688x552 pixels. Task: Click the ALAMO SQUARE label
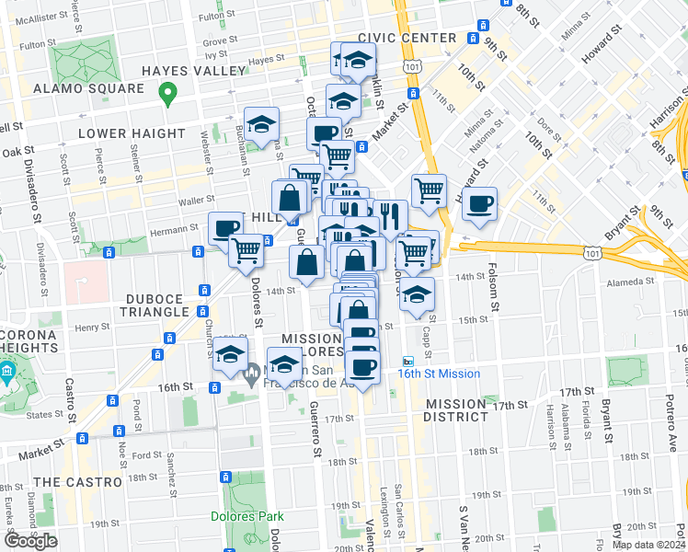88,88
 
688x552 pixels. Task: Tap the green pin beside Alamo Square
167,93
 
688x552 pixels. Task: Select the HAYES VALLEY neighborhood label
193,70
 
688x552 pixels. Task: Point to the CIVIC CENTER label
407,38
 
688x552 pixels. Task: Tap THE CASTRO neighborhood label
77,482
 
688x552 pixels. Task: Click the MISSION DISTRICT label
456,410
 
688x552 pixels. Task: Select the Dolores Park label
246,516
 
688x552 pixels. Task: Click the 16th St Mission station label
439,374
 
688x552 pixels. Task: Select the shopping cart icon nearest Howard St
429,191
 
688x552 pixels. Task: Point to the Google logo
31,541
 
